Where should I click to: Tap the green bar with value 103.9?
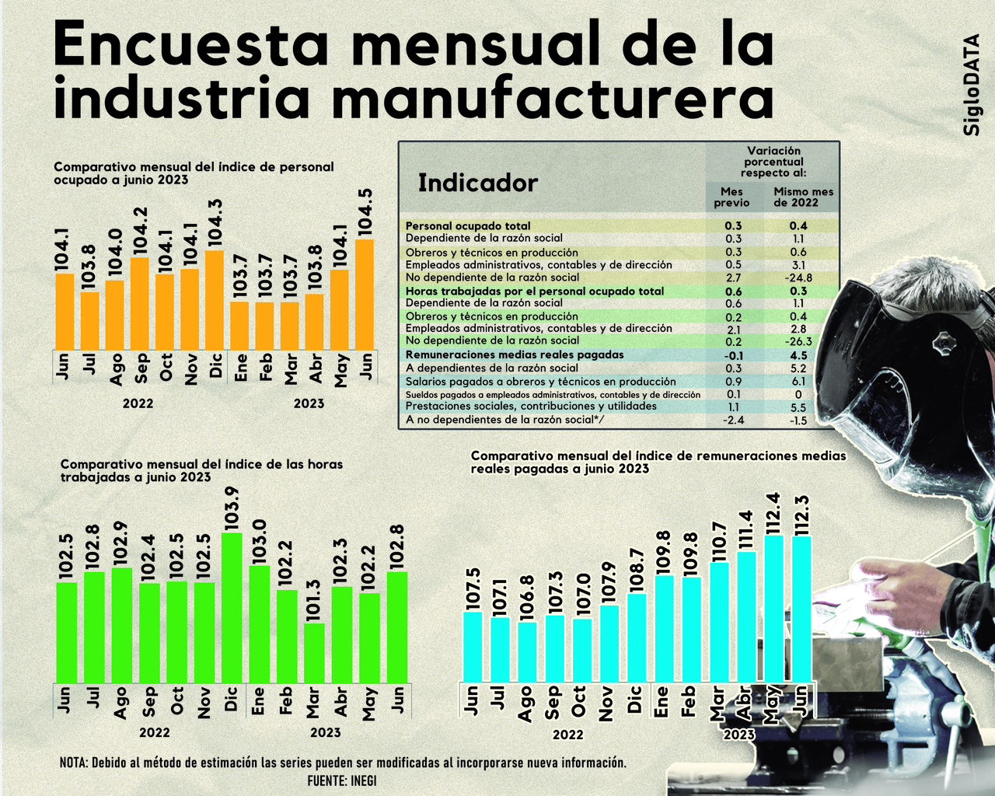(231, 606)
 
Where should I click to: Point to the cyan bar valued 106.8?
(527, 651)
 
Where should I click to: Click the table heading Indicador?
(477, 183)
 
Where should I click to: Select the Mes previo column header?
(731, 197)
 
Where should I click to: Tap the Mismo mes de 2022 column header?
(803, 197)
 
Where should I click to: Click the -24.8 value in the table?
(798, 278)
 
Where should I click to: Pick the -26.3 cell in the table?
(798, 341)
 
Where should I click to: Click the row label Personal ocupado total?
(468, 226)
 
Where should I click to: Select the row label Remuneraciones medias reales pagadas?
(515, 354)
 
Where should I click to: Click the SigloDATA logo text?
(972, 86)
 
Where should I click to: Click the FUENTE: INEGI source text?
(342, 780)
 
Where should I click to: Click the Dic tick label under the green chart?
(231, 700)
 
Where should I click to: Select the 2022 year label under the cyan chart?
(567, 735)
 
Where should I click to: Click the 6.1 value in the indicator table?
(798, 382)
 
